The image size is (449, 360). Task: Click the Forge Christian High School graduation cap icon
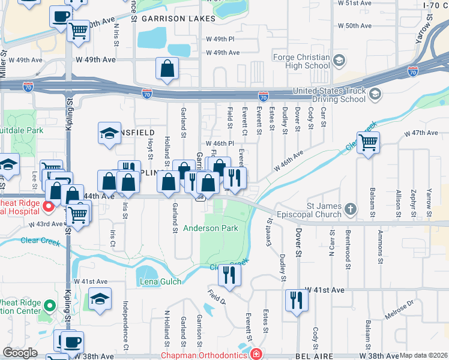coord(340,61)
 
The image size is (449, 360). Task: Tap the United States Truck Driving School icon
coord(375,94)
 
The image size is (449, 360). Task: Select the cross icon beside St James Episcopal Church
coord(350,210)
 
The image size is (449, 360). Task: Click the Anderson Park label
coord(210,228)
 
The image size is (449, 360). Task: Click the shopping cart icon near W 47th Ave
coord(368,143)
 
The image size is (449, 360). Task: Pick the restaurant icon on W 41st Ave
coord(297,299)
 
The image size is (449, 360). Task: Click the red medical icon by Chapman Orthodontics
coord(256,355)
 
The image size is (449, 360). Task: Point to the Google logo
coord(20,353)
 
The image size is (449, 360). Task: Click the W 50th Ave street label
coord(354,26)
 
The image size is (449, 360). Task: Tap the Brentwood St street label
coord(347,242)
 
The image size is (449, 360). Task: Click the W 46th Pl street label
coord(219,144)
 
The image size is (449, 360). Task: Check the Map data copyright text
coord(423,355)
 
